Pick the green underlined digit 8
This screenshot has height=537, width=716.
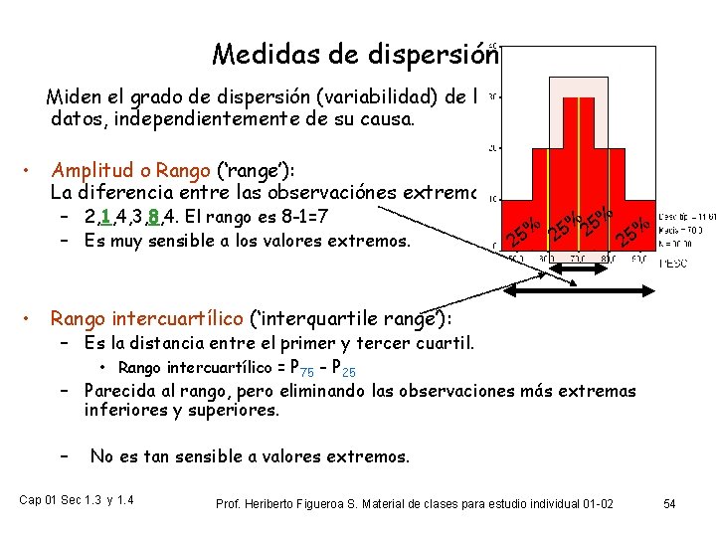151,217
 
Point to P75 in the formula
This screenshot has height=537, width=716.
300,368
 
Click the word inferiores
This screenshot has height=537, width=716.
123,410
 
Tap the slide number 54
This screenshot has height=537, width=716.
669,504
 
